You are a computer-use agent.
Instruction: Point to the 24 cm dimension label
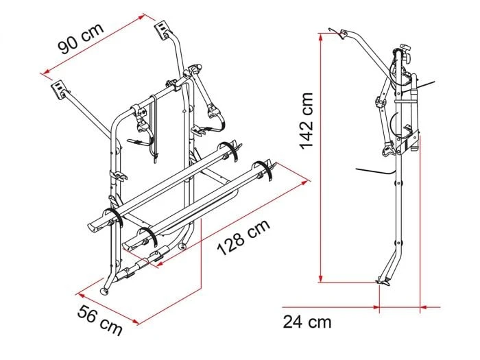[x=307, y=321]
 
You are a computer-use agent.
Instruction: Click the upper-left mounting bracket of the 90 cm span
[x=59, y=88]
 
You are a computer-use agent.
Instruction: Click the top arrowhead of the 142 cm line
[x=320, y=36]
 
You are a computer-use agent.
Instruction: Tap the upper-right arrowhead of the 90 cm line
[x=146, y=13]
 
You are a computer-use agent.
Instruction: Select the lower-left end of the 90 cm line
[x=43, y=71]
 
